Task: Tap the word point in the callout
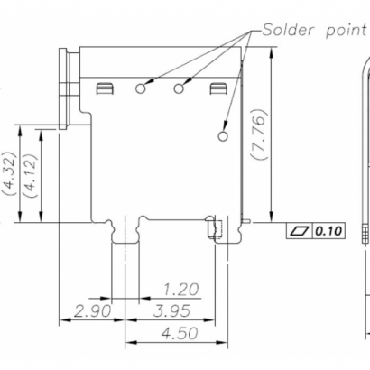(x=346, y=30)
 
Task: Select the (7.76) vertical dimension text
(x=259, y=134)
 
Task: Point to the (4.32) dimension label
(x=9, y=173)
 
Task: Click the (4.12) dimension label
(x=30, y=173)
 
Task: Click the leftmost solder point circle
(x=142, y=88)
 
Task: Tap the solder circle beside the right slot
(x=179, y=88)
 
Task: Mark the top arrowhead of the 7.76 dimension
(x=272, y=52)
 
